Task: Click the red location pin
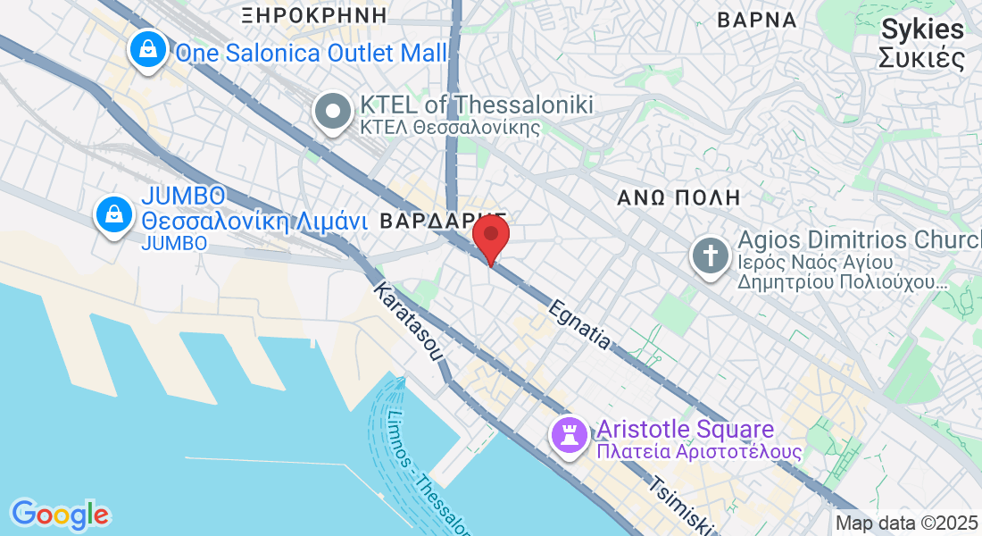coord(490,236)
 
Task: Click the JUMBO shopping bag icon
coord(115,215)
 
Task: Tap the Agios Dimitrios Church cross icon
coord(711,256)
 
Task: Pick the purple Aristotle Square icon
coord(570,435)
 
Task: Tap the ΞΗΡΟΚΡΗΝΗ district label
coord(315,14)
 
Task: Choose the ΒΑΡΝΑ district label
coord(756,19)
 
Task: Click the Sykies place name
coord(922,29)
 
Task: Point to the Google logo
coord(60,515)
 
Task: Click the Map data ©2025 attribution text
coord(907,523)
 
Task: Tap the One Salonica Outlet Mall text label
coord(311,54)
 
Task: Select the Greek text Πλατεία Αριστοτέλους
coord(699,452)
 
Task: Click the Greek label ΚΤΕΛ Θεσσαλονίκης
coord(450,126)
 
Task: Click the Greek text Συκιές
coord(922,59)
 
